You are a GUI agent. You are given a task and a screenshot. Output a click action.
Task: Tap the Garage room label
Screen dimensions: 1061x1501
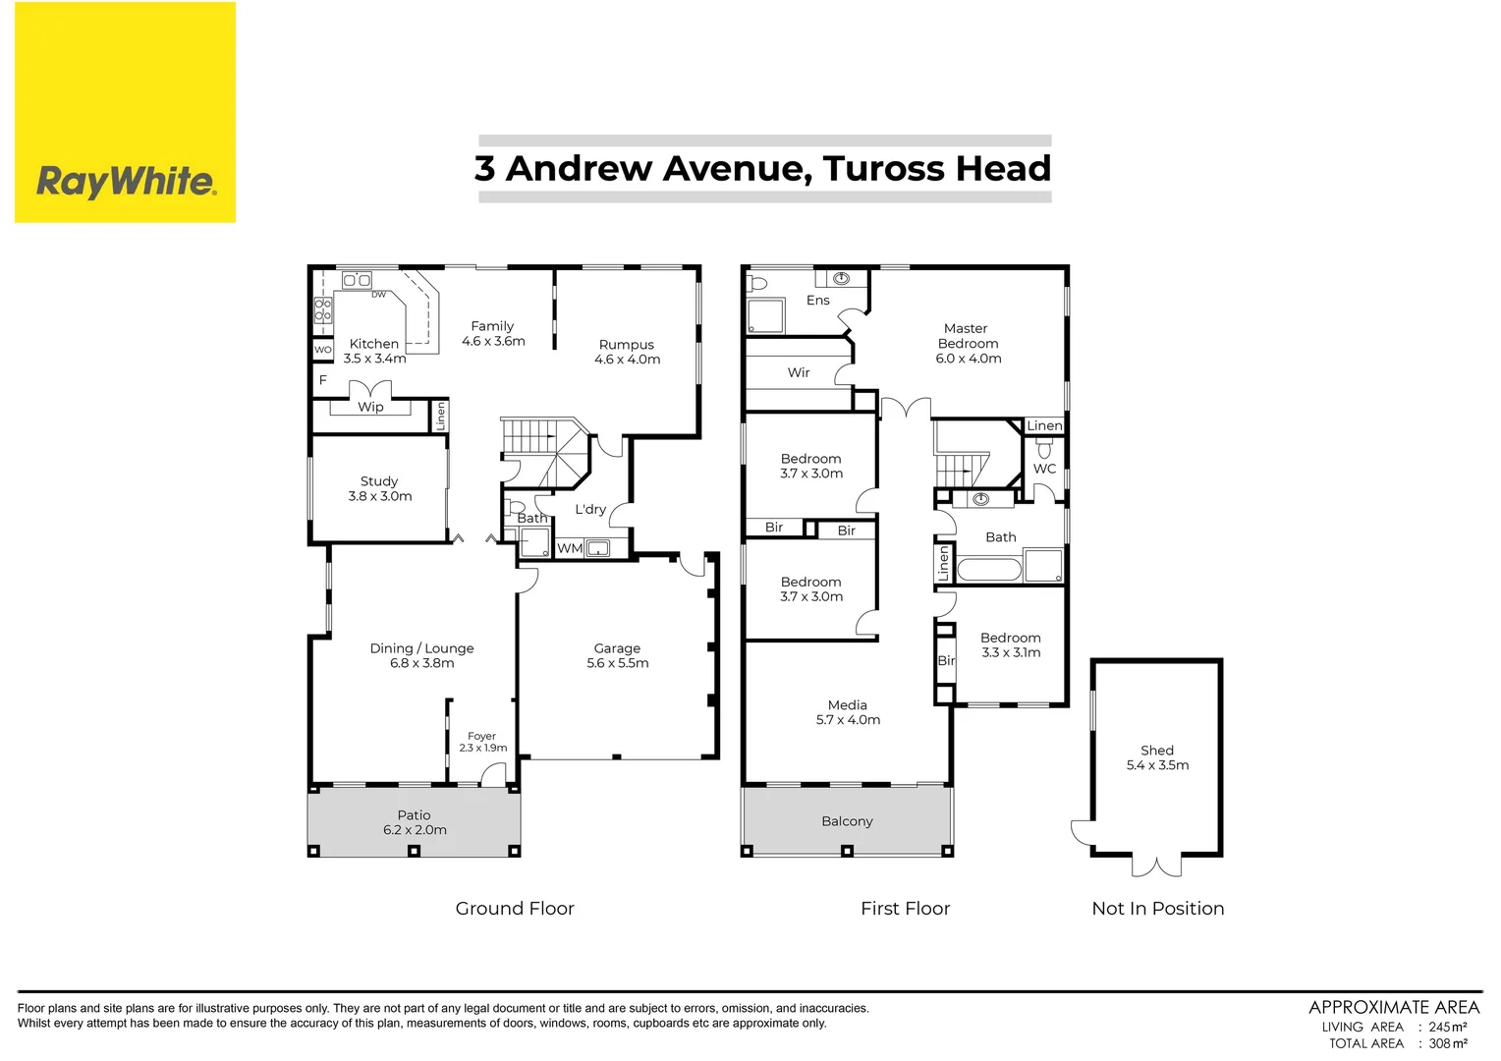pyautogui.click(x=617, y=648)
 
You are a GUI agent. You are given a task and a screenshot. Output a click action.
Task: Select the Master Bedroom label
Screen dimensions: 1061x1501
pyautogui.click(x=967, y=336)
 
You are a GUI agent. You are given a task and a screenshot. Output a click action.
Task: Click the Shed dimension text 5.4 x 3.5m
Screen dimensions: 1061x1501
pyautogui.click(x=1157, y=765)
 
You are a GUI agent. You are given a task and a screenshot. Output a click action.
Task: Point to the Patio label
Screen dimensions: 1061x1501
pyautogui.click(x=414, y=814)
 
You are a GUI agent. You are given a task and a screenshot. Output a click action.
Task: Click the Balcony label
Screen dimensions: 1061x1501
pyautogui.click(x=847, y=821)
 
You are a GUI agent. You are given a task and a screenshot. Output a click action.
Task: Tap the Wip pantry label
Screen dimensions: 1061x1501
pyautogui.click(x=370, y=407)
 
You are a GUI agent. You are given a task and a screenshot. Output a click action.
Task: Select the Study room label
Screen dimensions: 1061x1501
pyautogui.click(x=379, y=481)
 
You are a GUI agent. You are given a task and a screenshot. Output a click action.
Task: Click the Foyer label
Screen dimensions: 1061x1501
pyautogui.click(x=481, y=736)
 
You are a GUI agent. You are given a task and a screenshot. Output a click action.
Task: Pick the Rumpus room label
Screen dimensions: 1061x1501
pyautogui.click(x=627, y=345)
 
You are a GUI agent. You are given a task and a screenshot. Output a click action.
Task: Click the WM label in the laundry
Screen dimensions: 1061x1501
pyautogui.click(x=570, y=548)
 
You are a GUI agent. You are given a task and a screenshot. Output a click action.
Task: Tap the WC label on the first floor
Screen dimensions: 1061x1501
pyautogui.click(x=1044, y=469)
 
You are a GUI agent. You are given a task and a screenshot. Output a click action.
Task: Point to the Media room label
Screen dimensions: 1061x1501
pyautogui.click(x=847, y=705)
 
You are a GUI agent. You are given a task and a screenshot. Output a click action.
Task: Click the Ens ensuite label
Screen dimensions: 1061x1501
pyautogui.click(x=817, y=301)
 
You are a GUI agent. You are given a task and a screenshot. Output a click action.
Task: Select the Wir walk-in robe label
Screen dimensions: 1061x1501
pyautogui.click(x=799, y=372)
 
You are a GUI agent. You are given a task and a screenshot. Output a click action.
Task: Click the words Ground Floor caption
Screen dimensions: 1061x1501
pyautogui.click(x=515, y=909)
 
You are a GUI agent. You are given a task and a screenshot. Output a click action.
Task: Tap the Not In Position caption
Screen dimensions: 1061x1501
pyautogui.click(x=1157, y=909)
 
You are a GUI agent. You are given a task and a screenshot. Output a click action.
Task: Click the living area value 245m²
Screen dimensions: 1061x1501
pyautogui.click(x=1448, y=1027)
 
